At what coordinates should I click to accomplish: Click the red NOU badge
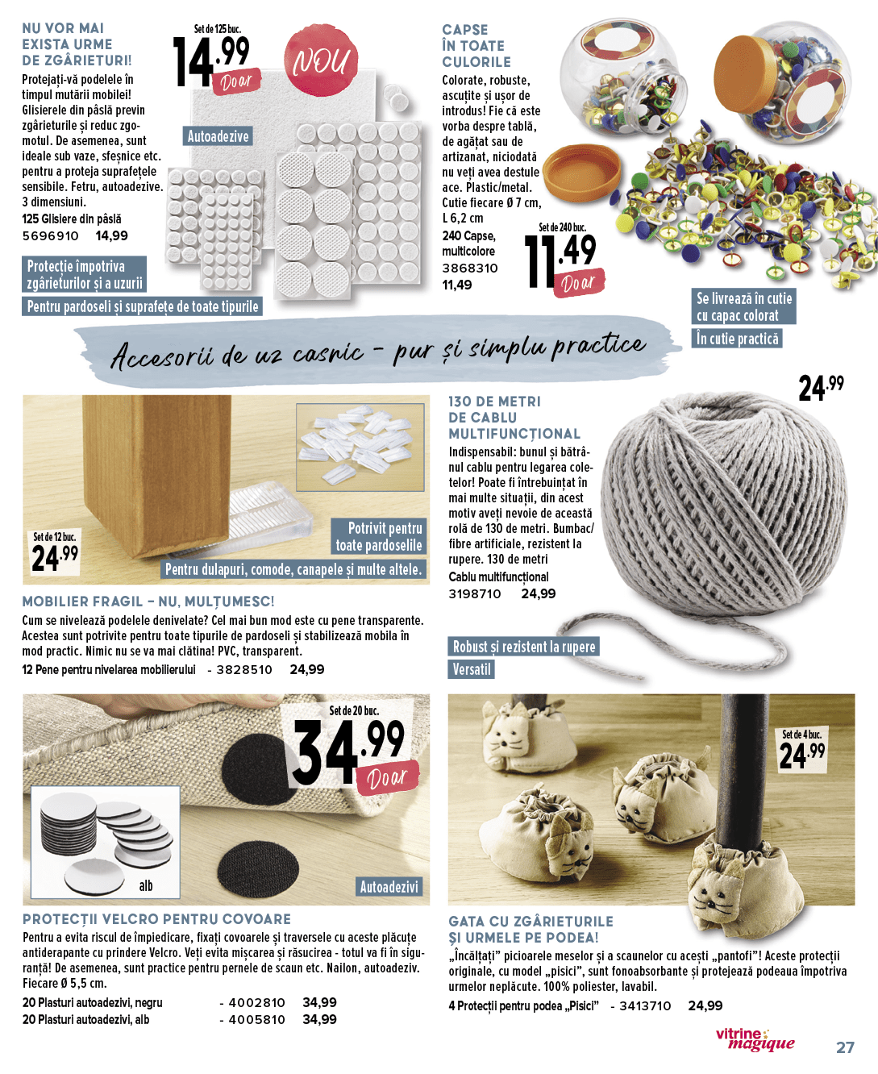(x=321, y=60)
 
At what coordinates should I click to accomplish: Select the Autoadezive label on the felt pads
(x=218, y=136)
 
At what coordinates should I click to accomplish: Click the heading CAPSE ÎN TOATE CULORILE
(x=476, y=46)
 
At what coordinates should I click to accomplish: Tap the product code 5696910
(x=51, y=236)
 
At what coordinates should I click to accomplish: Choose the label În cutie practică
(x=738, y=339)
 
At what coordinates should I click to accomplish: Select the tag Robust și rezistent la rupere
(x=524, y=647)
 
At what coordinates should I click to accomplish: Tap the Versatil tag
(x=472, y=669)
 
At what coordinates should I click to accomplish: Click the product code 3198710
(x=475, y=594)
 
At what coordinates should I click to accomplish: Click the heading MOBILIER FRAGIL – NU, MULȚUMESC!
(x=148, y=602)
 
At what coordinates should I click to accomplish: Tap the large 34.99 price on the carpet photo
(x=348, y=750)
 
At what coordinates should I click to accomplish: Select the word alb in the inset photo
(x=146, y=885)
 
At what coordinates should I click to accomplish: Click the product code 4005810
(x=256, y=1020)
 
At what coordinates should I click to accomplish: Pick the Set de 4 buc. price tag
(x=802, y=751)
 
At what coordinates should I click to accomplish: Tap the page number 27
(x=845, y=1047)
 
